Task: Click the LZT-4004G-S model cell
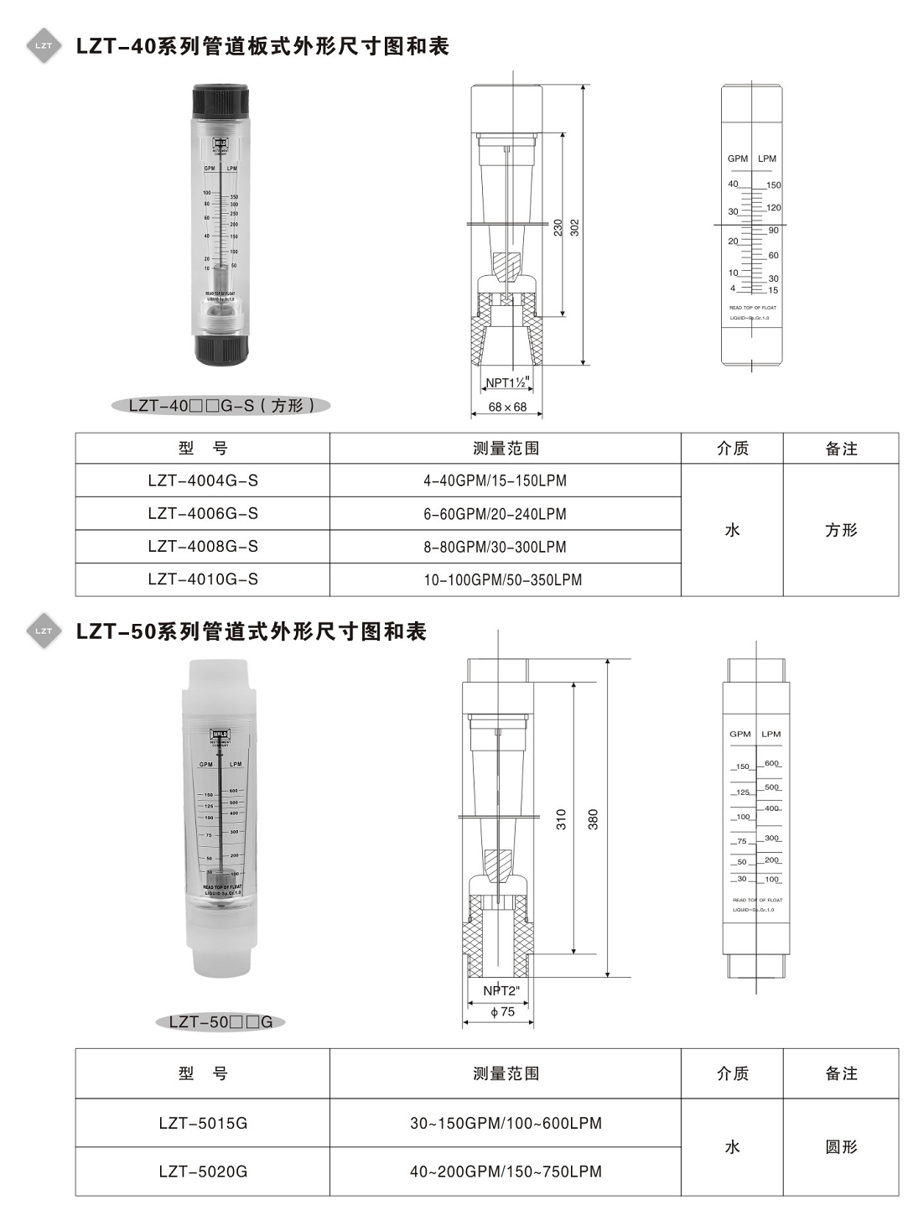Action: coord(203,480)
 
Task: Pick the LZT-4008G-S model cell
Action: coord(203,546)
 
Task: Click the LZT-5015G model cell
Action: coord(203,1123)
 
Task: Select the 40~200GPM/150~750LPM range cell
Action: coord(506,1171)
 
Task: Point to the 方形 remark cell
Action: coord(841,530)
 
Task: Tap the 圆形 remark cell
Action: coord(841,1147)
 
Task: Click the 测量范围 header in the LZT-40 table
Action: coord(506,449)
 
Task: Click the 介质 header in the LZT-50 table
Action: coord(732,1073)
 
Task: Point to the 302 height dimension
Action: coord(575,227)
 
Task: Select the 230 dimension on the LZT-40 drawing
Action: coord(558,227)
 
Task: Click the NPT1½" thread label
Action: coord(506,382)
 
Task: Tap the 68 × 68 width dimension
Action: coord(507,407)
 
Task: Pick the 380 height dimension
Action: coord(594,819)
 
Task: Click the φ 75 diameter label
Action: coord(502,1012)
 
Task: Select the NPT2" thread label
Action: coord(501,991)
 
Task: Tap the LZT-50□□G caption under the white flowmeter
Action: coord(221,1021)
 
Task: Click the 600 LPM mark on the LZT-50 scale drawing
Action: coord(771,763)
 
